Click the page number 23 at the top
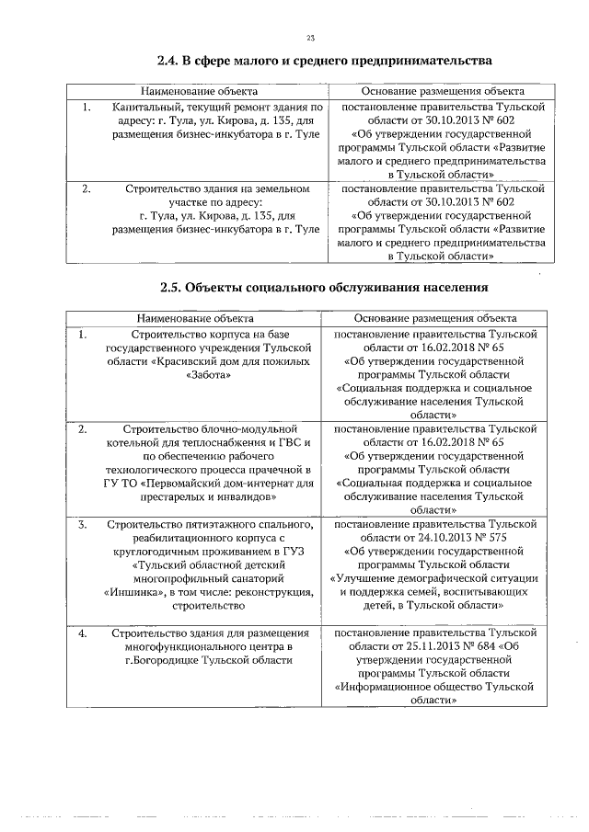click(x=310, y=37)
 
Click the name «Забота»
click(x=209, y=375)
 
